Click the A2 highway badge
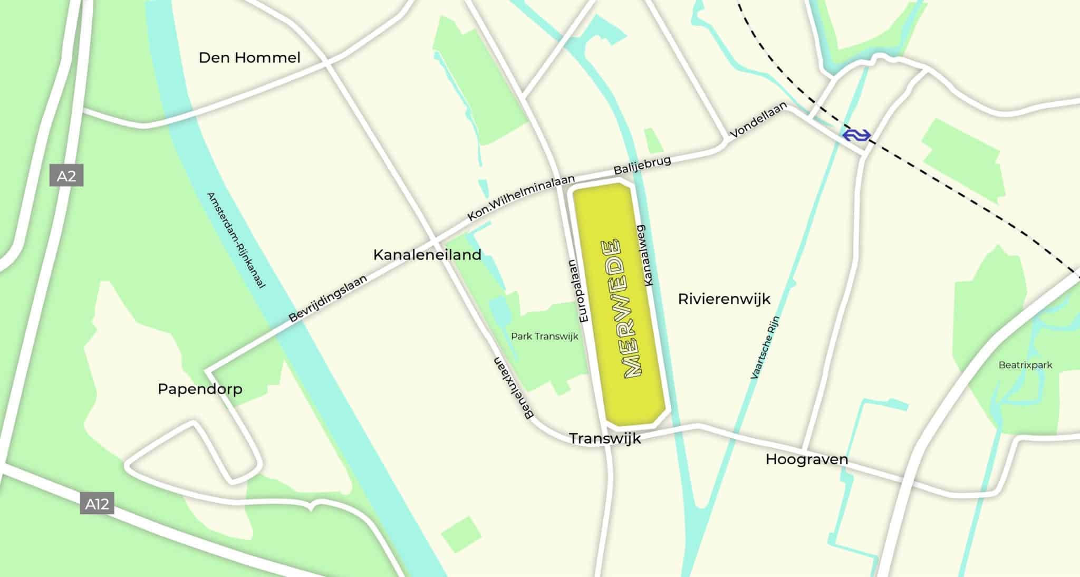[66, 176]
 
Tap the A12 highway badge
[97, 504]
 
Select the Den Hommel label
[249, 57]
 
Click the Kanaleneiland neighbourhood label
[427, 255]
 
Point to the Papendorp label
[200, 389]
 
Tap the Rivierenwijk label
[724, 299]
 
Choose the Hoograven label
[806, 459]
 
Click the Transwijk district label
[605, 438]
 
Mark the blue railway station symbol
[856, 136]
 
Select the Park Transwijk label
[544, 336]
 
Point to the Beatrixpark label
[1025, 365]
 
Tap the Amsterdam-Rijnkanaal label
[235, 240]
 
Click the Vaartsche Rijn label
[765, 348]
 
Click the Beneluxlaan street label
[513, 388]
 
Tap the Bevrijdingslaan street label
[327, 299]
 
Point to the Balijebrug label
[642, 165]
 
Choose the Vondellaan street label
[758, 120]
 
